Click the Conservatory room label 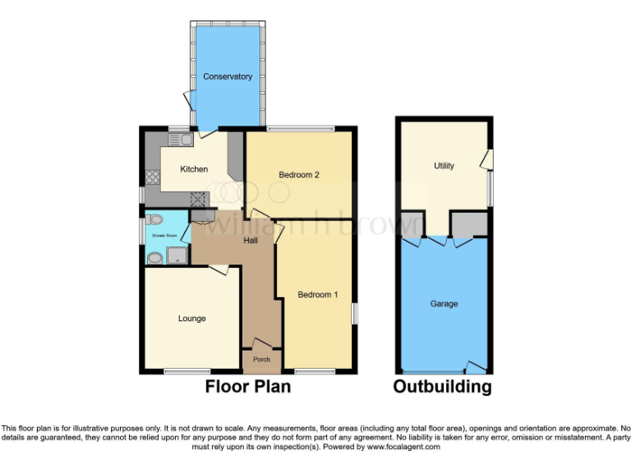(228, 76)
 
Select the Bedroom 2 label (298, 174)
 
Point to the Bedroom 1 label (317, 295)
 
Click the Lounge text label (191, 319)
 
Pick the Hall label (251, 241)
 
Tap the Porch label (261, 360)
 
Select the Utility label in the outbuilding (444, 166)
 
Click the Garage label (444, 304)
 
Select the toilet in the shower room (154, 219)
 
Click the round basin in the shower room (154, 257)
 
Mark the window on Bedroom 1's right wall (355, 314)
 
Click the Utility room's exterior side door (487, 158)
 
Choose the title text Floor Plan (247, 386)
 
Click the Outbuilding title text (442, 386)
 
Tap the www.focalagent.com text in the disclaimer (403, 448)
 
